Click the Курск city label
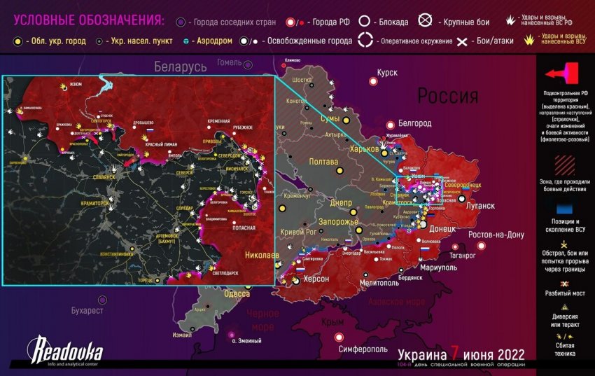(x=387, y=73)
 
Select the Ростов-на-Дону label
(x=496, y=235)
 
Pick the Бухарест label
(x=87, y=309)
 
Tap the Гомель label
(x=229, y=62)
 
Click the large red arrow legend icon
(x=563, y=74)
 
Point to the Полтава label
(x=323, y=162)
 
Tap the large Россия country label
(x=448, y=95)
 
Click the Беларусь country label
(x=181, y=67)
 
